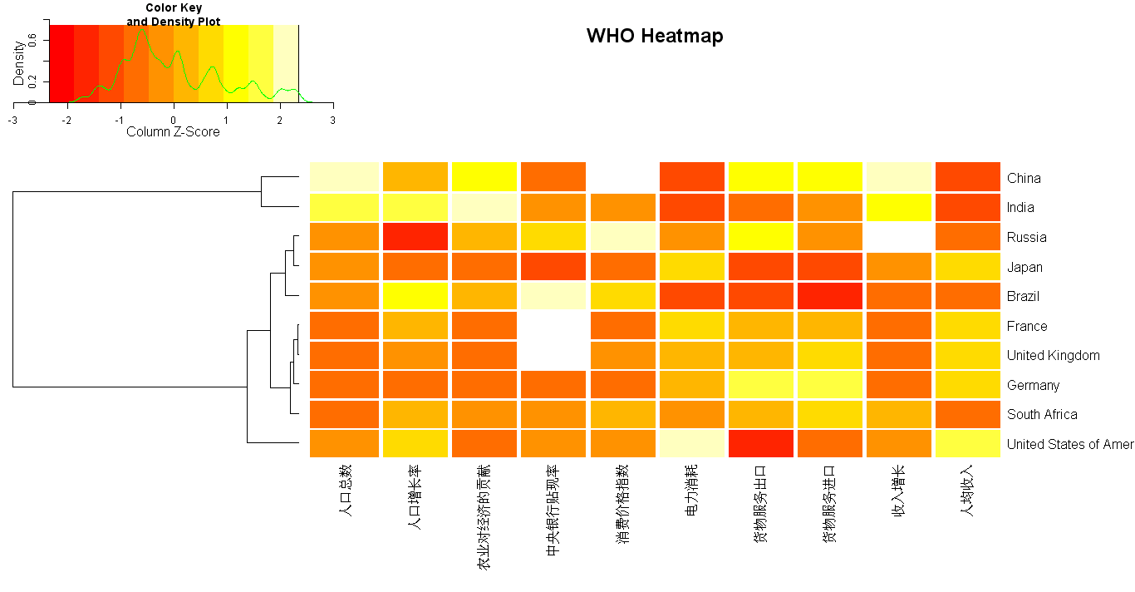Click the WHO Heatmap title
[x=655, y=36]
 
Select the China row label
[x=1023, y=178]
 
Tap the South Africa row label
[x=1042, y=414]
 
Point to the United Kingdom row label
[x=1053, y=355]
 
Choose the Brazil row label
[x=1023, y=296]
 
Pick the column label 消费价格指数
[x=622, y=504]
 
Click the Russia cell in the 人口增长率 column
[x=415, y=237]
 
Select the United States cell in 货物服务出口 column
[x=761, y=444]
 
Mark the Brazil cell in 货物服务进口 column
[x=829, y=296]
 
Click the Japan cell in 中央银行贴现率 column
[x=553, y=267]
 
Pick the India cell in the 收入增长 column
[x=898, y=207]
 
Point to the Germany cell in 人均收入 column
[x=967, y=385]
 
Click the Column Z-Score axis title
[x=173, y=131]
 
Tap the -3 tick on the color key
[x=13, y=120]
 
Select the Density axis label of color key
[x=18, y=63]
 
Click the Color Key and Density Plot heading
[x=173, y=15]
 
